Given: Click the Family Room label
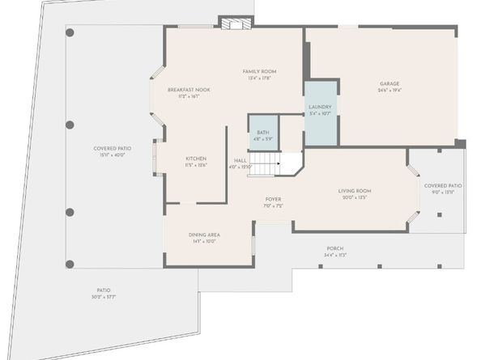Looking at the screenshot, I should point(259,72).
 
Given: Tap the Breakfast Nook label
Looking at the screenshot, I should point(189,90).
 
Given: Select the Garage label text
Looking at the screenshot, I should point(391,83).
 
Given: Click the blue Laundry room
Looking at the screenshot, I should point(321,112).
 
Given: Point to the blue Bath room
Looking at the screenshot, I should point(263,135).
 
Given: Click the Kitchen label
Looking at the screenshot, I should point(196,159).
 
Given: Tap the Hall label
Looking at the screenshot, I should point(240,160).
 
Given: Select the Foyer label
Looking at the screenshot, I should point(273,199).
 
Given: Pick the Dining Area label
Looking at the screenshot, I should point(204,235).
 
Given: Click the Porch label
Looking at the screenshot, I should point(335,248).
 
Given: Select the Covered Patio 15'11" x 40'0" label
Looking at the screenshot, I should point(113,148).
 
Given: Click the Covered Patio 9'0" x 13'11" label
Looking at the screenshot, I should point(443,185).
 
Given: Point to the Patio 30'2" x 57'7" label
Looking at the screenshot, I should point(104,290).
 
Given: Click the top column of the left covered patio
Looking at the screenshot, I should point(70,32).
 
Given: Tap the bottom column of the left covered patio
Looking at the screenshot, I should point(70,263).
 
